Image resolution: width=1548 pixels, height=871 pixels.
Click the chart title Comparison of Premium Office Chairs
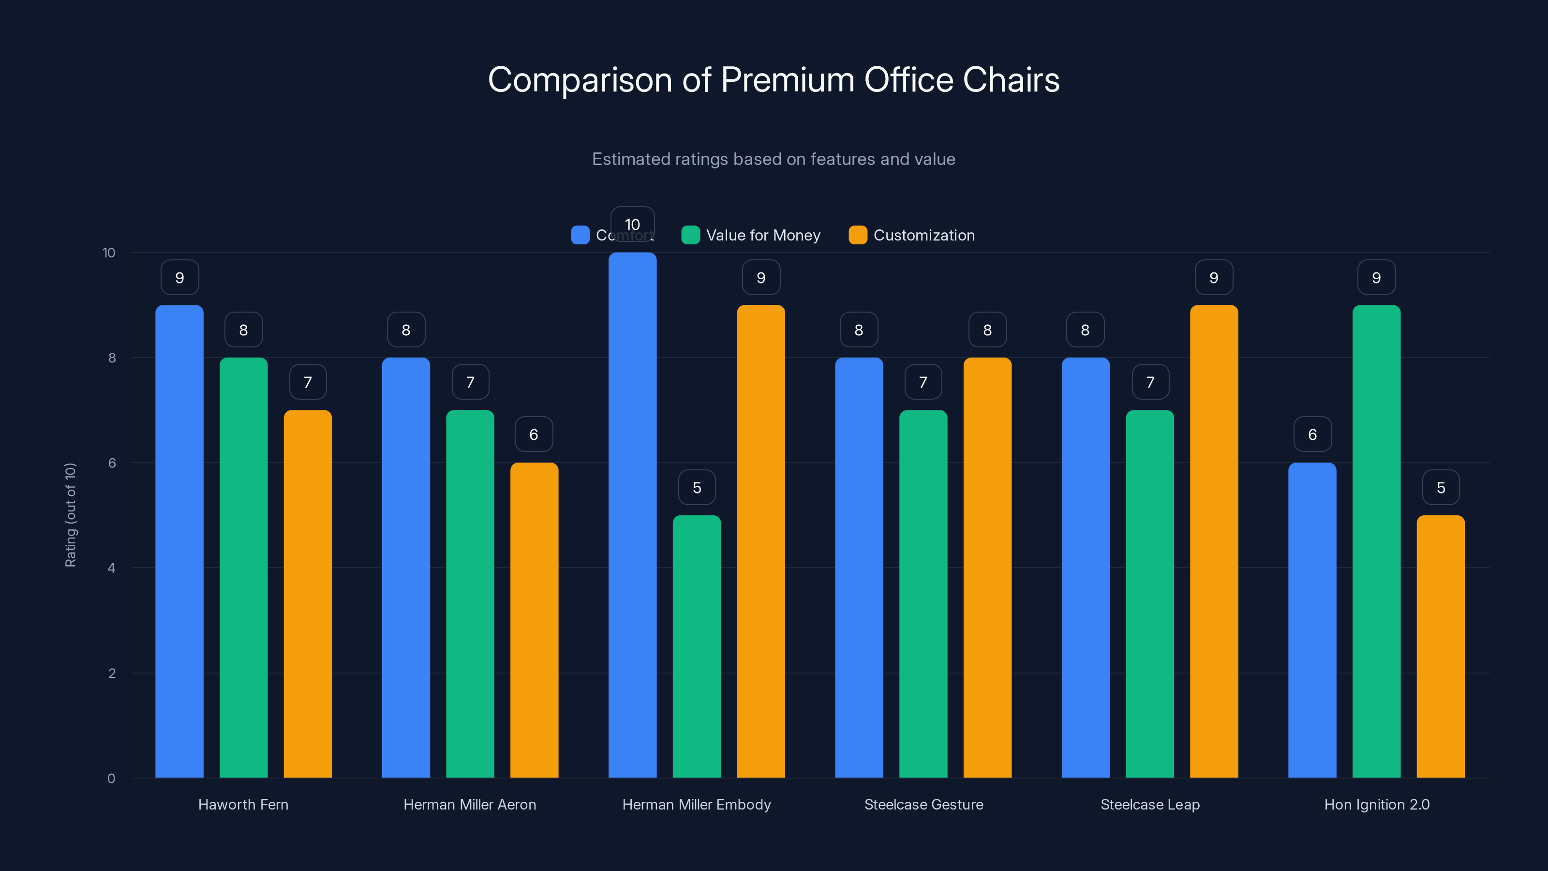[774, 80]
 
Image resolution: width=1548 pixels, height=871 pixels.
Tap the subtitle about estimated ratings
[774, 159]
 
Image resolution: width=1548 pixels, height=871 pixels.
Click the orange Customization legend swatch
[858, 235]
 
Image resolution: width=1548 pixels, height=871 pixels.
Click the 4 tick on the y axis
[111, 568]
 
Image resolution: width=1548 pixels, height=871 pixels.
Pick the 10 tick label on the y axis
[109, 253]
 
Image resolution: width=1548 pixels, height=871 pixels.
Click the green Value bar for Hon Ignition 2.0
[1376, 541]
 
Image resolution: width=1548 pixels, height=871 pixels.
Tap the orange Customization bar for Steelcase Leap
[1214, 541]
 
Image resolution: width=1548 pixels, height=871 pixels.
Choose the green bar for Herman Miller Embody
[697, 646]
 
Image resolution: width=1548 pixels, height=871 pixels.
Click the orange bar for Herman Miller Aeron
[534, 620]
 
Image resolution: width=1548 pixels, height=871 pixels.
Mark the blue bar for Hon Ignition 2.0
[1312, 620]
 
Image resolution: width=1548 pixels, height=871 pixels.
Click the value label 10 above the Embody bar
[632, 224]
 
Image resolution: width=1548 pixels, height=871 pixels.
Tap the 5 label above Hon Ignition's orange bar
[1441, 487]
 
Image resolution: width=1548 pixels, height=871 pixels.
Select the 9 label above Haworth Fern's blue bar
[179, 278]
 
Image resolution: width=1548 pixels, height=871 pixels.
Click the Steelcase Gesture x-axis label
[923, 804]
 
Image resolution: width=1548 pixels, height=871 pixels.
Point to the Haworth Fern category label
[243, 804]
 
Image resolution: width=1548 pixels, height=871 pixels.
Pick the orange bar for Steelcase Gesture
[987, 568]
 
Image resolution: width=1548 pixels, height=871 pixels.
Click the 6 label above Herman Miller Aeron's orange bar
[534, 435]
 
